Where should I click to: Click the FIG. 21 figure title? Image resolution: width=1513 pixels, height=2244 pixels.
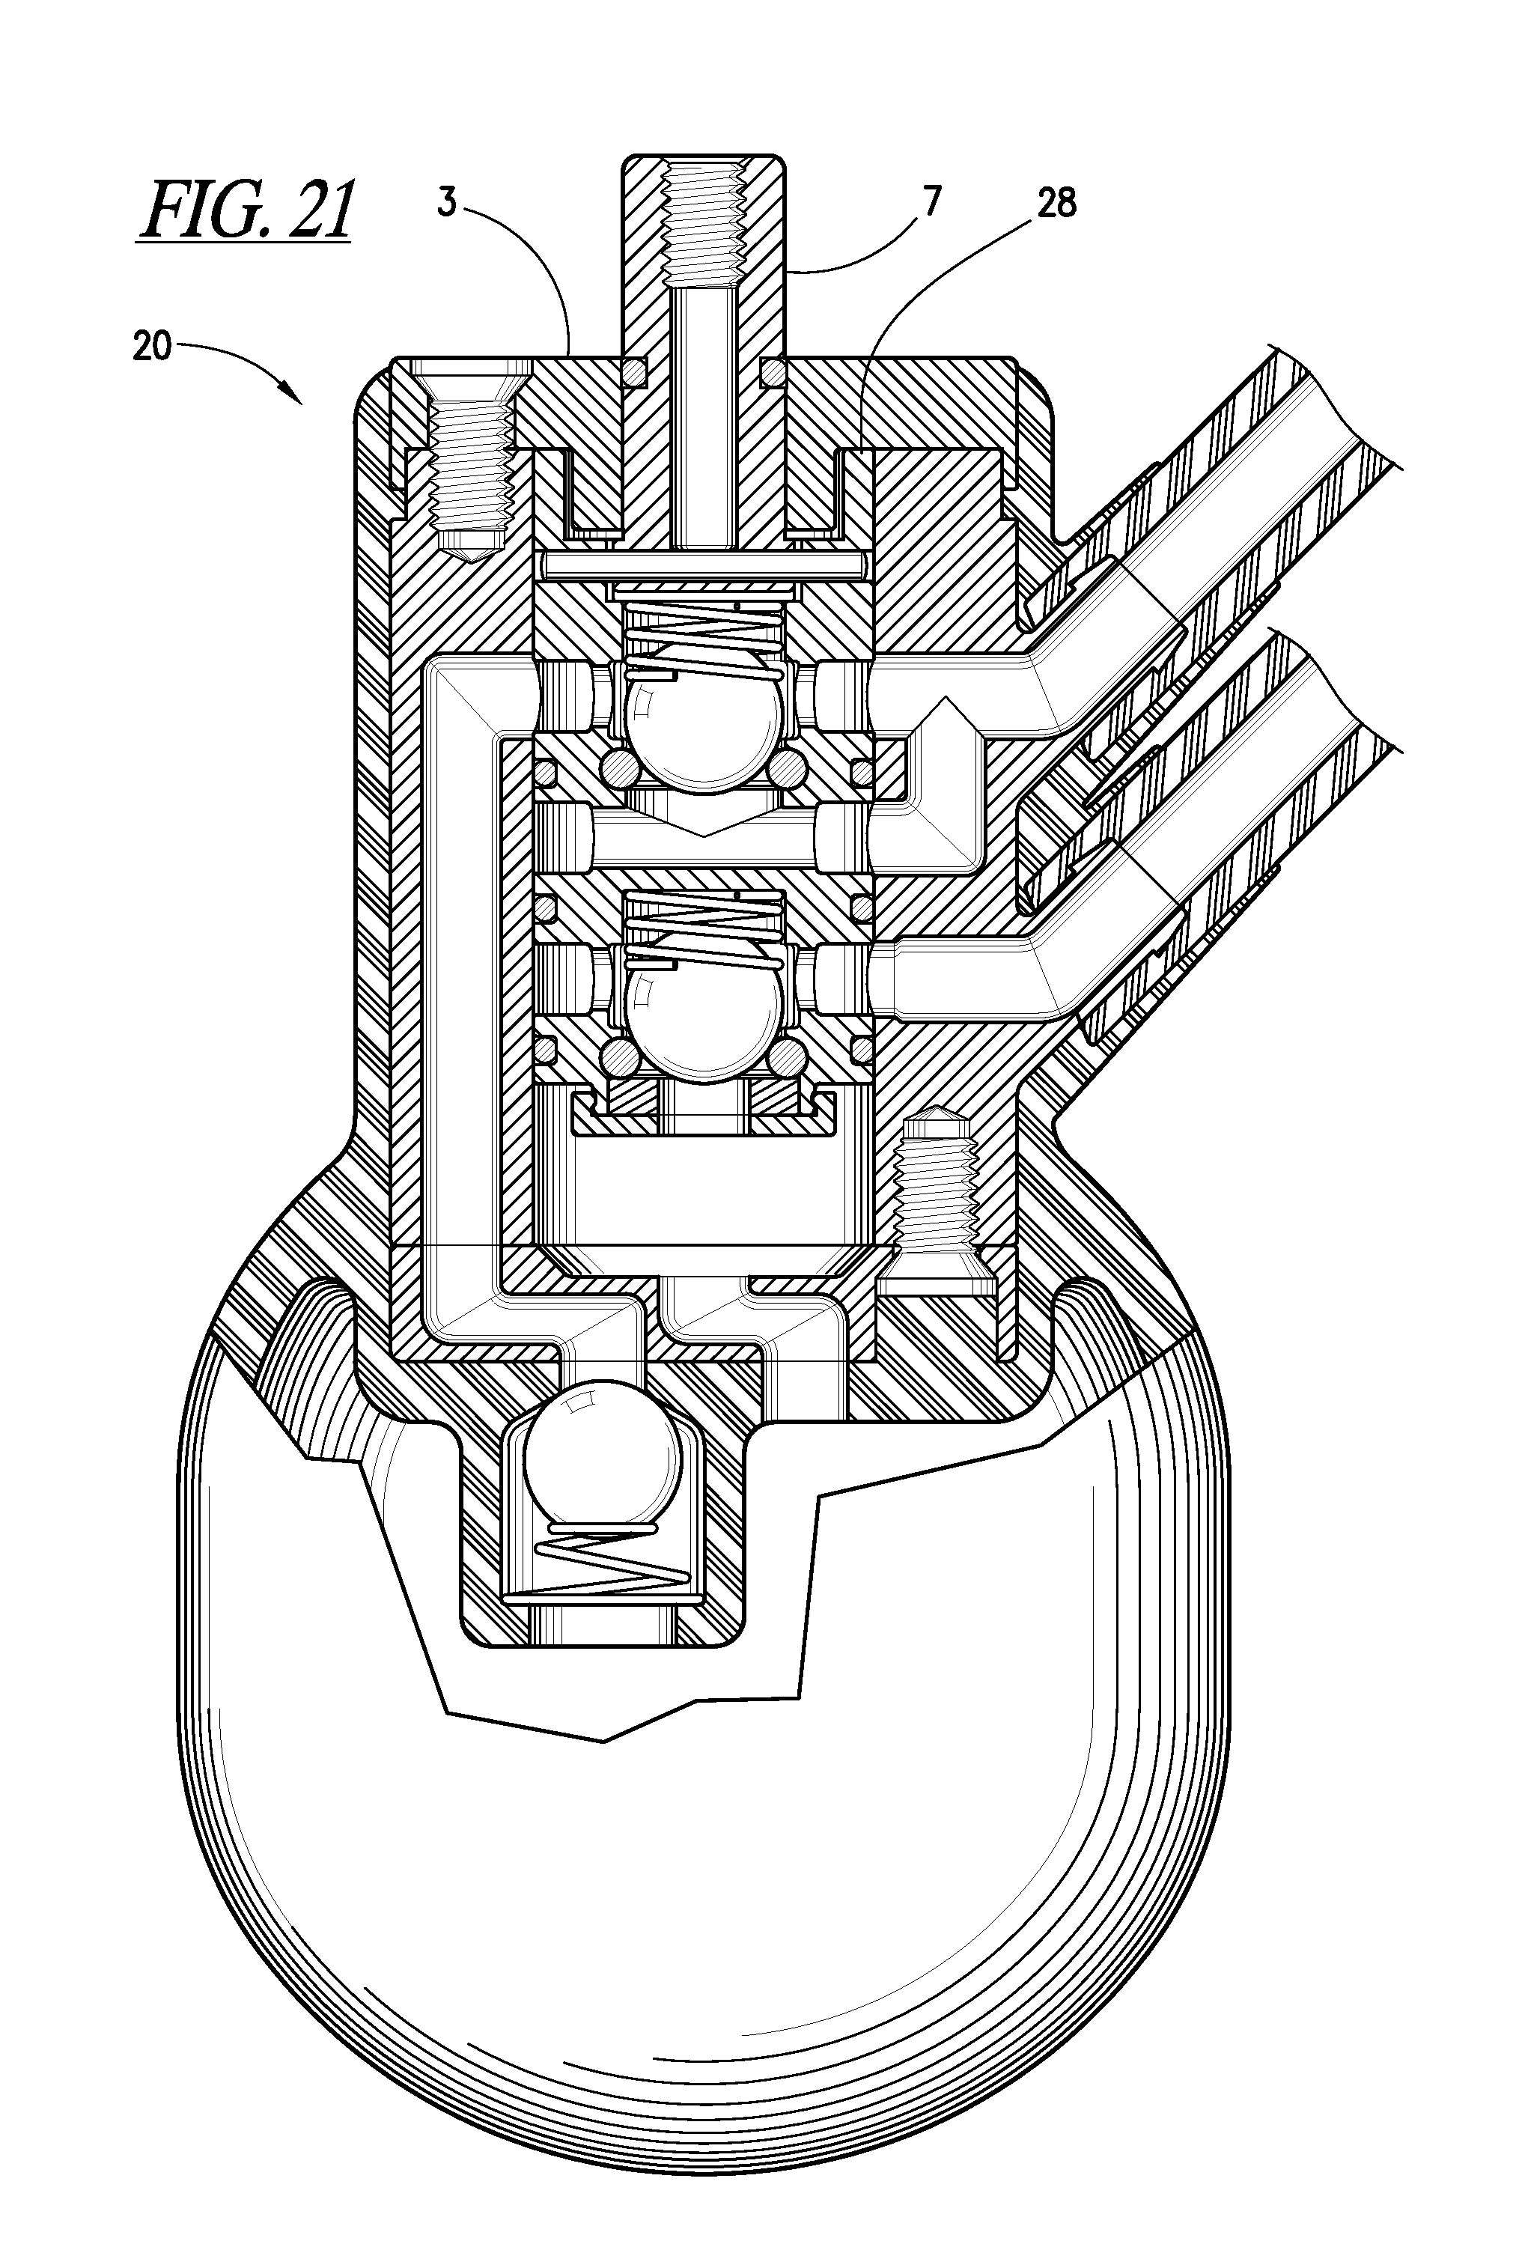tap(247, 210)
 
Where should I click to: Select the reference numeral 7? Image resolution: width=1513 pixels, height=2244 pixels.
tap(931, 203)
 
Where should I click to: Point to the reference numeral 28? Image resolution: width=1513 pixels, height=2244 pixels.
tap(1056, 203)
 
